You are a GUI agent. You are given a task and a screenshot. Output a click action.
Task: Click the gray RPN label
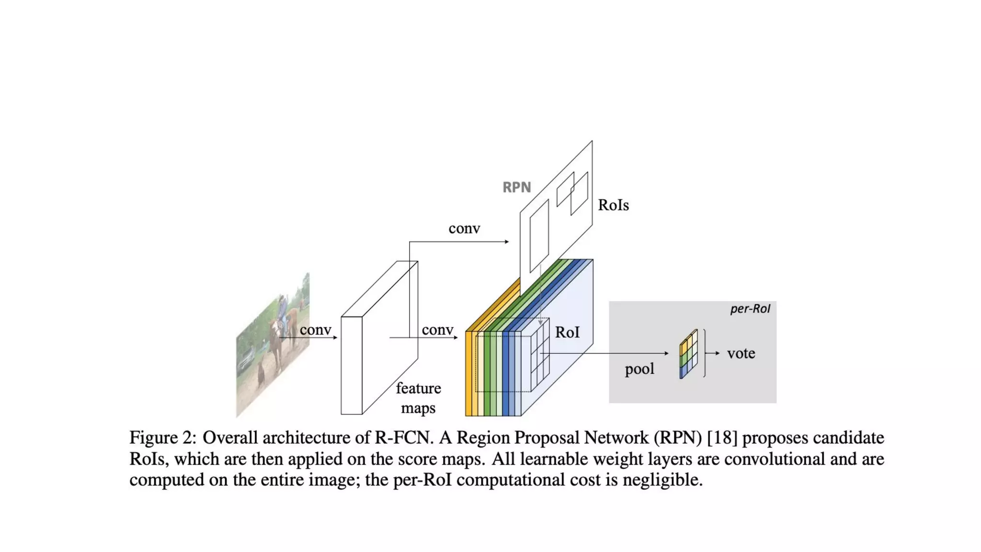516,187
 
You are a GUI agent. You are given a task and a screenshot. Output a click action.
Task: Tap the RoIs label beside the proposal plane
613,205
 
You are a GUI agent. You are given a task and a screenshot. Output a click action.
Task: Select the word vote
741,354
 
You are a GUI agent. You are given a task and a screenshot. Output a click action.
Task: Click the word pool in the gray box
639,369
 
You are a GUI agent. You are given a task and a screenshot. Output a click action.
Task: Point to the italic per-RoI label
750,309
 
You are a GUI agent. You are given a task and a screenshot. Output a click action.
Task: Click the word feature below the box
418,388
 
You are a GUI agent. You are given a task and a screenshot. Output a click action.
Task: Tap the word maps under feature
418,408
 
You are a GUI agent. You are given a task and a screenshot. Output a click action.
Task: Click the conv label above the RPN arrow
464,229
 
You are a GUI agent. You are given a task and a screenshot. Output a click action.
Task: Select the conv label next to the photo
315,330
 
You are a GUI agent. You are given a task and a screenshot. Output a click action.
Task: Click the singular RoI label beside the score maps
567,333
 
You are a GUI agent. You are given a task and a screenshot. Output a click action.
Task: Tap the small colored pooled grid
688,354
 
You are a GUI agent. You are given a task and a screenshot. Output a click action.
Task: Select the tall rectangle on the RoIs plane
539,236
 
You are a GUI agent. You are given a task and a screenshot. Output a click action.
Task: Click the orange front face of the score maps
468,374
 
